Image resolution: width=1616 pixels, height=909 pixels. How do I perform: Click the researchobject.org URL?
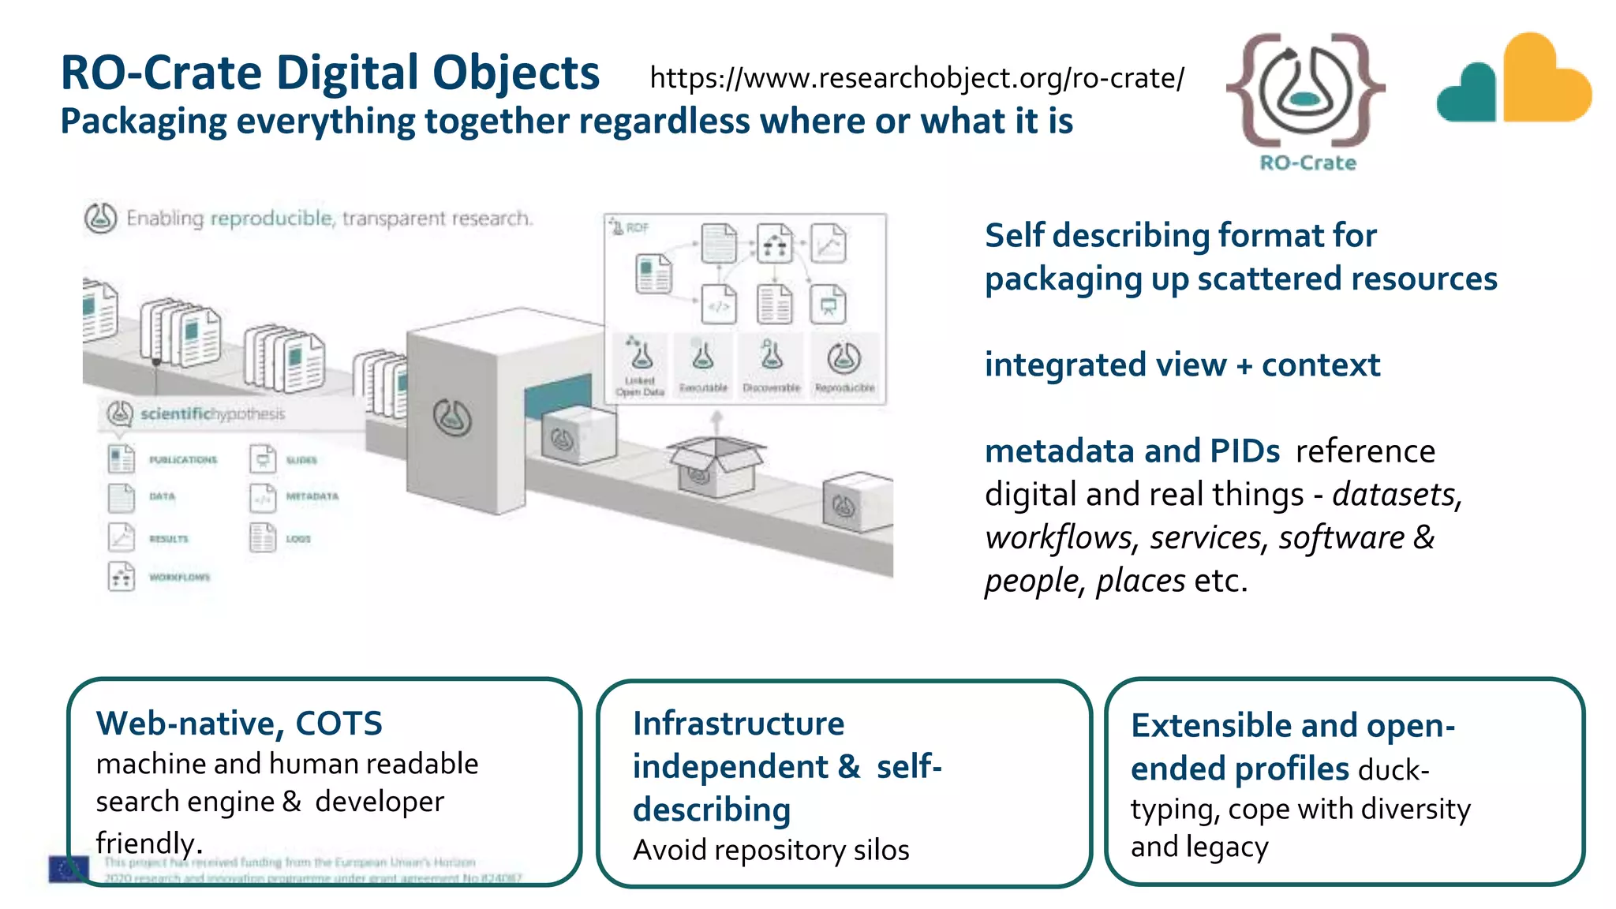(917, 78)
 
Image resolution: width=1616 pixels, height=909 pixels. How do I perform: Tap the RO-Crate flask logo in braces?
(1306, 89)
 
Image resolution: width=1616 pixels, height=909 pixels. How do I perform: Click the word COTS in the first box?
(339, 724)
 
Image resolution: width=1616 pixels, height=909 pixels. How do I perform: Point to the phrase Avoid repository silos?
(771, 851)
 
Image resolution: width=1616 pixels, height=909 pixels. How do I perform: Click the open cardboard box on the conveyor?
(716, 465)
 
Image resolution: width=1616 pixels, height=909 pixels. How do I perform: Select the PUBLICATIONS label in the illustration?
(182, 459)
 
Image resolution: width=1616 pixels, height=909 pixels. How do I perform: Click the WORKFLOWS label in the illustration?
(179, 578)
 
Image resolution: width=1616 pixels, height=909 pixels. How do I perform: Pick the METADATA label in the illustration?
(312, 496)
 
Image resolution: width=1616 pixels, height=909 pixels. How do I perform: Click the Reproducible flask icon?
(844, 359)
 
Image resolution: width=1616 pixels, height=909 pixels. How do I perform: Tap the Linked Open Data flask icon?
(640, 356)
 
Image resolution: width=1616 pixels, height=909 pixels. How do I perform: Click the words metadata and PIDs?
(1132, 451)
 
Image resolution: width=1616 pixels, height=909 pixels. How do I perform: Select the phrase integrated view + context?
(1182, 365)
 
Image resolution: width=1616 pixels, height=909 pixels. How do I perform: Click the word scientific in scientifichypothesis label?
(176, 413)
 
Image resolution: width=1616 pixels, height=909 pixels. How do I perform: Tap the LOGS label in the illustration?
(298, 539)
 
